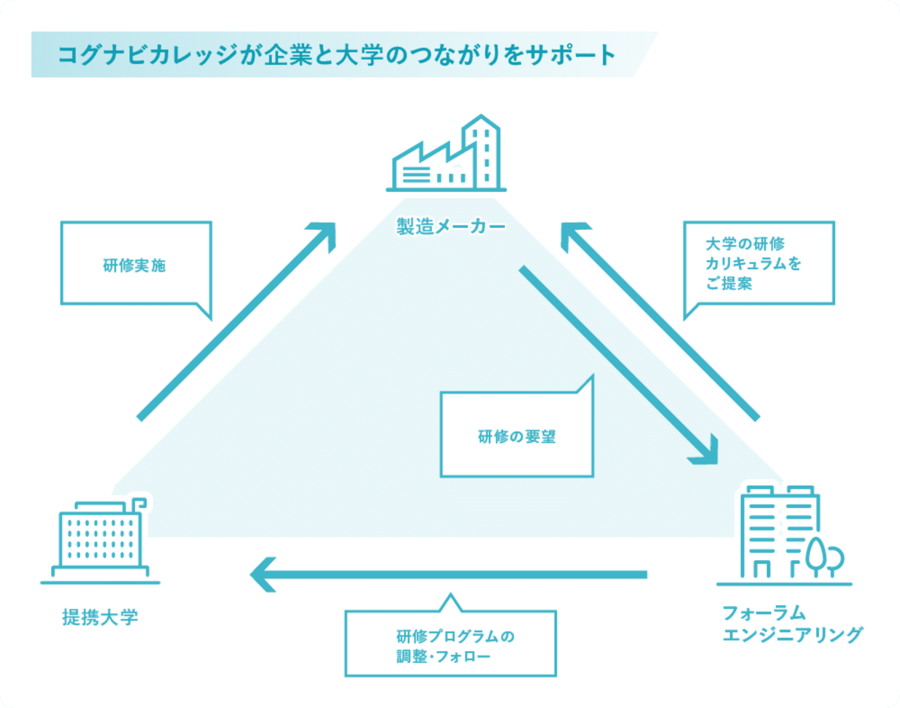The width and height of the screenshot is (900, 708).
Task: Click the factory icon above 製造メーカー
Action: pos(445,155)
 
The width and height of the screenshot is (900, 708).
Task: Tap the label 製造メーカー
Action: pos(450,226)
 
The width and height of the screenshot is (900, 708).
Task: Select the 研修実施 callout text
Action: pos(134,265)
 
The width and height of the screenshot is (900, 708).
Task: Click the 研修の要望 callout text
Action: pos(517,436)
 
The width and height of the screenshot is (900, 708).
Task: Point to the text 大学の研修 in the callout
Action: pos(745,244)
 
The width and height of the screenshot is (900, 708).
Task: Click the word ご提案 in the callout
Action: pos(729,283)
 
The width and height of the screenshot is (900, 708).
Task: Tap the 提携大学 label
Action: pos(100,617)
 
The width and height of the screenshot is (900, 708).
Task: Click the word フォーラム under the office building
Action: pos(764,613)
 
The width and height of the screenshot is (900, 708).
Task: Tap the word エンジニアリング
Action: pos(792,635)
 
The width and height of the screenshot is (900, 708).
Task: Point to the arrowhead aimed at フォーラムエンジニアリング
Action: pos(706,453)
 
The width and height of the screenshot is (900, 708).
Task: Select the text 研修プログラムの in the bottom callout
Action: pos(455,636)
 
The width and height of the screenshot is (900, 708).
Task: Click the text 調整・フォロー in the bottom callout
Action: pos(443,657)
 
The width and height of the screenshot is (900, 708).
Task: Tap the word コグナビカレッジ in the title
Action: pos(148,55)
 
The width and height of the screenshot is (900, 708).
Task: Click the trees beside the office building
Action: pos(823,558)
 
